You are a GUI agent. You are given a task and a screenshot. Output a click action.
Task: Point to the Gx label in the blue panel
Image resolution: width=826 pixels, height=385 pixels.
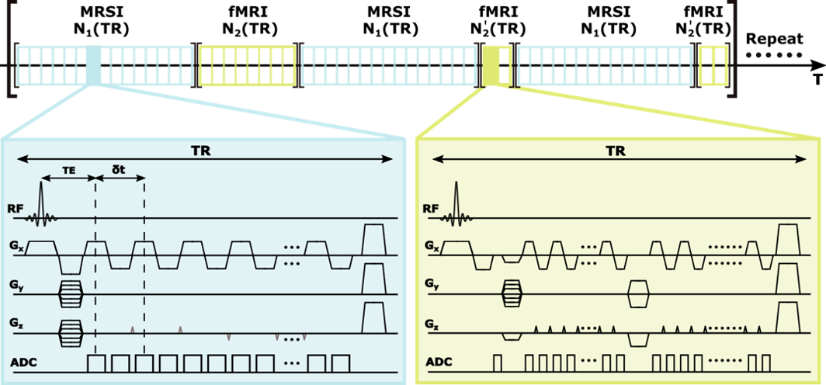(16, 246)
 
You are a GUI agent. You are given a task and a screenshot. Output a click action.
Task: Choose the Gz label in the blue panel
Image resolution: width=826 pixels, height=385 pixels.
(16, 322)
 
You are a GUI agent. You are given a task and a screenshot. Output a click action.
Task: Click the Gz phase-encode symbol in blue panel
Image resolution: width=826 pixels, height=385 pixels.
(70, 332)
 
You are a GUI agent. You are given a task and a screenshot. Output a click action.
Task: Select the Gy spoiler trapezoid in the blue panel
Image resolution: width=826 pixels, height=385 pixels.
(374, 278)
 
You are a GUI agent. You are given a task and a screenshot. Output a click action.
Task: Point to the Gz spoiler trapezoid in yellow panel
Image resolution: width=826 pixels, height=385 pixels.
(788, 317)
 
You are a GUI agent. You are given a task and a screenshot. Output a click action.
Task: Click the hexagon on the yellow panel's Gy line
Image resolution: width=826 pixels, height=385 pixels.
(638, 294)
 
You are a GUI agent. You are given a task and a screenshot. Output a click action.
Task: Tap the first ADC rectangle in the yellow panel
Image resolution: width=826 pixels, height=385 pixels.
(498, 362)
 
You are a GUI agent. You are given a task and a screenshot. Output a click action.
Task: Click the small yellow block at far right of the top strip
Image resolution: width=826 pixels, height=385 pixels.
(713, 65)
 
